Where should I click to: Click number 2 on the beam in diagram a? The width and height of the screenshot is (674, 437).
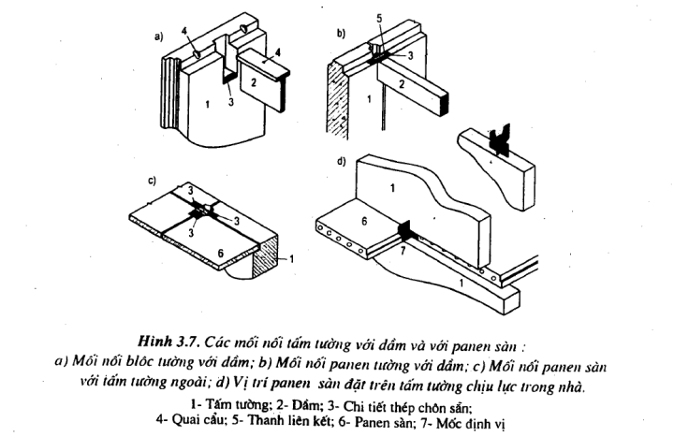(x=254, y=83)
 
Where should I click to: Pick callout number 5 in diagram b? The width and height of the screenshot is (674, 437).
(x=378, y=17)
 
